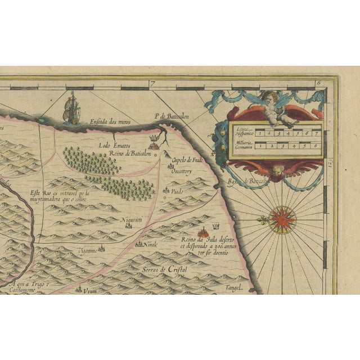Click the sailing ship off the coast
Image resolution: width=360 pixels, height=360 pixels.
pos(71,109)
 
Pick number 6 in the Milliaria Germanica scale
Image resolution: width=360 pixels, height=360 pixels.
pos(316,146)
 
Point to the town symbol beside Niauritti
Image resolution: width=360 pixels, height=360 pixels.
pos(128,225)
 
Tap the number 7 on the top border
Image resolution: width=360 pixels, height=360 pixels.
pos(152,84)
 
